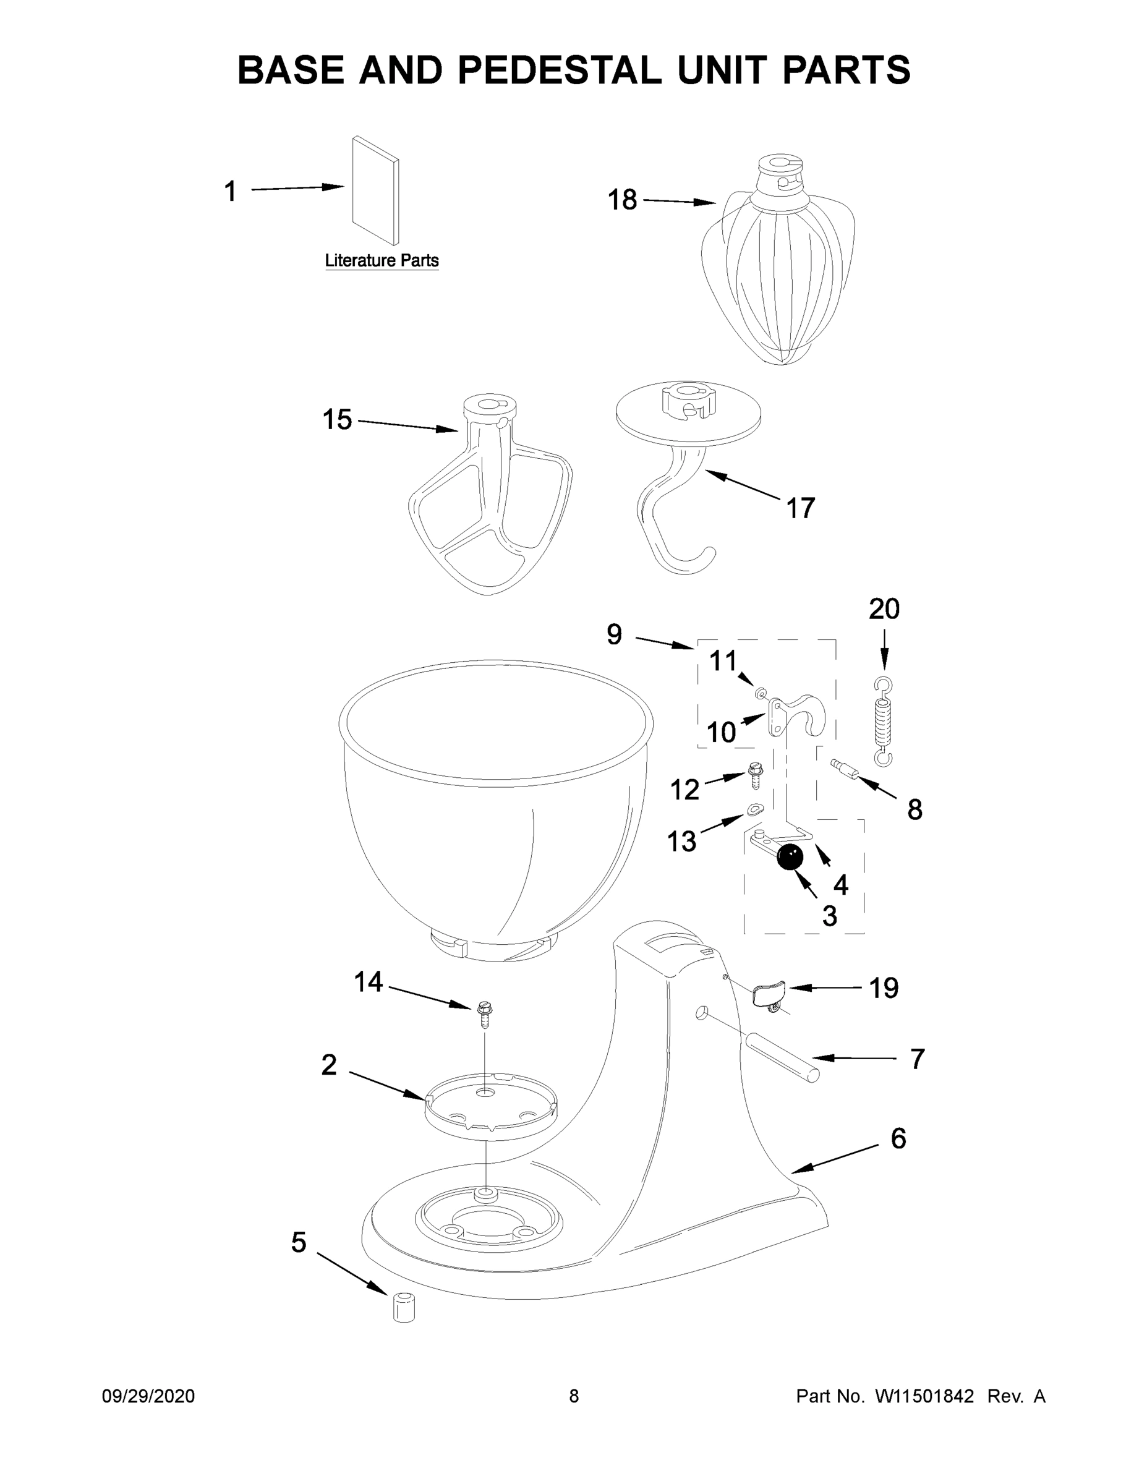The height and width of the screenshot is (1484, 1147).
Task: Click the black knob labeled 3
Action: click(789, 857)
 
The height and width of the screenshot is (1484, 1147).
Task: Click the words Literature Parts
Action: click(382, 260)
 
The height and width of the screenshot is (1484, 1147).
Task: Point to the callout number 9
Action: click(613, 634)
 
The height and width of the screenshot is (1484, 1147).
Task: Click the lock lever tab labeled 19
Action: click(769, 995)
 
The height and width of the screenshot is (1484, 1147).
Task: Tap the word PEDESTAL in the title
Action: click(559, 69)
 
